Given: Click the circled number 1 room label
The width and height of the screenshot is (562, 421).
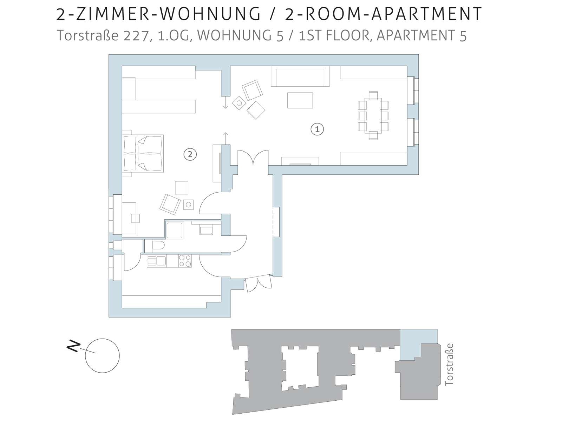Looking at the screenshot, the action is [317, 129].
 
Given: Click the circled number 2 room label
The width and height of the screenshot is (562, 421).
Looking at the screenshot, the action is [190, 154].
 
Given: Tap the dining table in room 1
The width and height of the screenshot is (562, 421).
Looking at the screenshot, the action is [373, 115].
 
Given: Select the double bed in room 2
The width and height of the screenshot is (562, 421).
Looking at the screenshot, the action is [143, 153].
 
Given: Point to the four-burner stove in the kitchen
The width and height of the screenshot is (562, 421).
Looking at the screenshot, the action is [185, 261].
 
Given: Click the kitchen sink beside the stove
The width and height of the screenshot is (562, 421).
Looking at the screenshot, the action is [157, 261].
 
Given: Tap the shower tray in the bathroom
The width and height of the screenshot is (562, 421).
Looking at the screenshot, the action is [174, 230].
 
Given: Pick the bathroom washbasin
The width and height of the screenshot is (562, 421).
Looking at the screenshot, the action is [206, 230].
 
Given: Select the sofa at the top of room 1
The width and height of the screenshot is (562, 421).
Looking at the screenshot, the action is [300, 76].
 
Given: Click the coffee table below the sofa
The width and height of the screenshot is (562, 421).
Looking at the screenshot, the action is [300, 100].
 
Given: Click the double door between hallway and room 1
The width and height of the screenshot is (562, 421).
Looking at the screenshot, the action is [253, 158].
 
